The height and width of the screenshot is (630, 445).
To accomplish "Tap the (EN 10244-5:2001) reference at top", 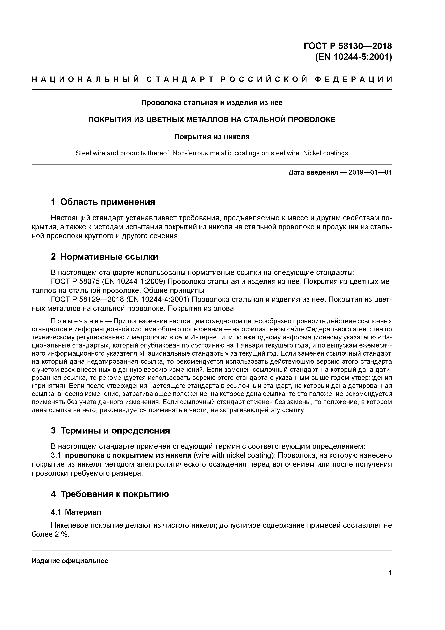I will [x=353, y=57].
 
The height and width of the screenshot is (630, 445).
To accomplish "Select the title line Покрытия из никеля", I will [x=212, y=137].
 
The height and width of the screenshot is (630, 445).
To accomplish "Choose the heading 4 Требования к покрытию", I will [x=110, y=494].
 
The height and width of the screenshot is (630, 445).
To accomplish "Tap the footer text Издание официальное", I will [x=70, y=560].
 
